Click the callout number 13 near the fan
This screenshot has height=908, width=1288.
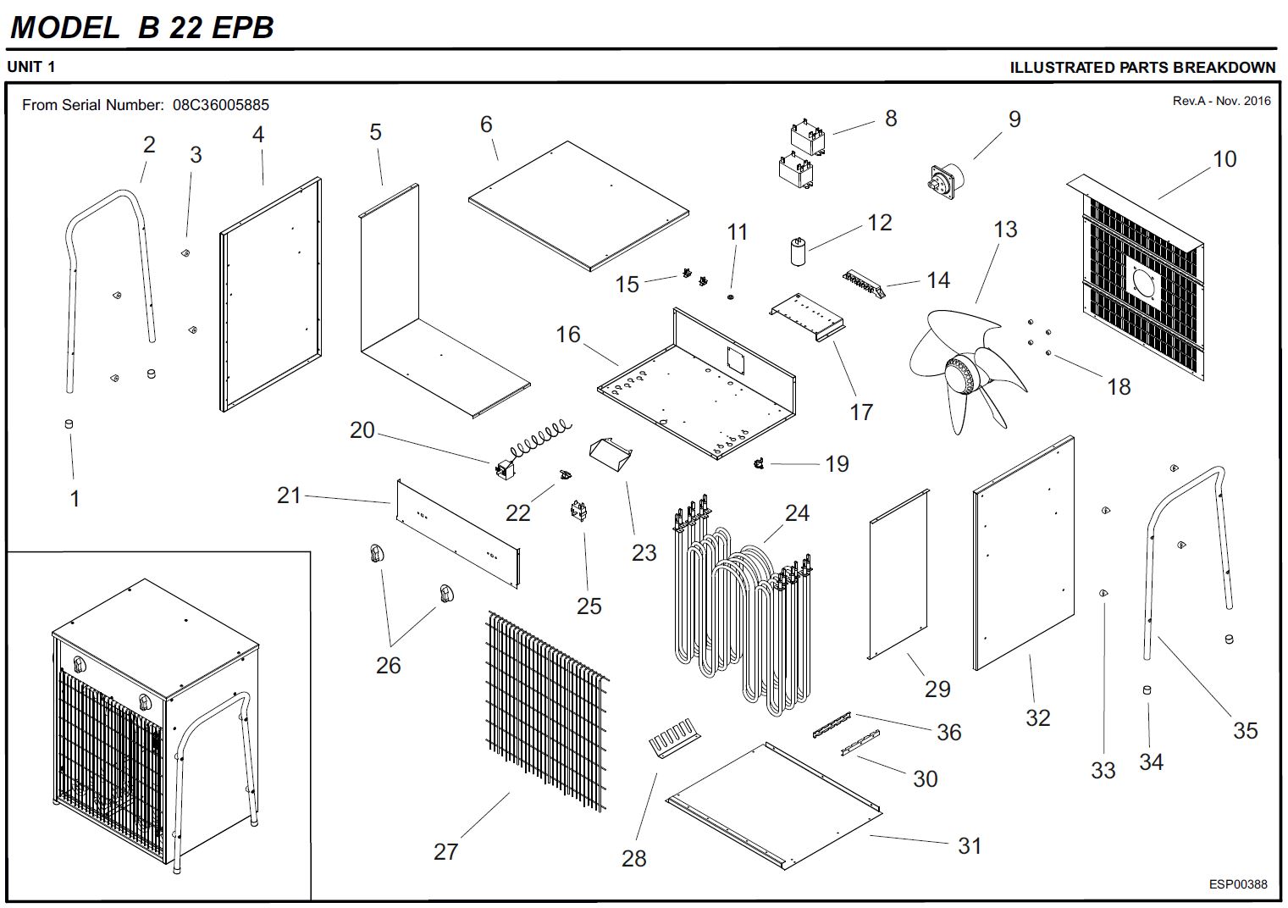(1005, 230)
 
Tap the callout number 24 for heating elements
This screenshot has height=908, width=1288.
(797, 513)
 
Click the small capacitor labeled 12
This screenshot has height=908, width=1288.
(798, 252)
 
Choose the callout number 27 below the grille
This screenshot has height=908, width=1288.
(446, 851)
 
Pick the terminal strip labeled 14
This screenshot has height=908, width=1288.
(863, 284)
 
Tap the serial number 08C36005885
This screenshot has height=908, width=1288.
(221, 105)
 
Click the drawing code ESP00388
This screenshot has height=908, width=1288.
(1237, 884)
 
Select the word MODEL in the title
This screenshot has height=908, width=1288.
(64, 27)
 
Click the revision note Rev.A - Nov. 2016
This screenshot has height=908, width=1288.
(1221, 101)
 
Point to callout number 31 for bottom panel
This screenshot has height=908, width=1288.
(970, 845)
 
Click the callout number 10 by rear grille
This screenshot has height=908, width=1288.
(1224, 159)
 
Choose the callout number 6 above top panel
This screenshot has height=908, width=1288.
(486, 125)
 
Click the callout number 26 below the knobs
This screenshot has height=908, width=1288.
(388, 666)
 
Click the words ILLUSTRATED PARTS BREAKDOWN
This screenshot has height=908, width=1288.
(1142, 68)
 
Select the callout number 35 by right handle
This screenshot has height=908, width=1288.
(1245, 730)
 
